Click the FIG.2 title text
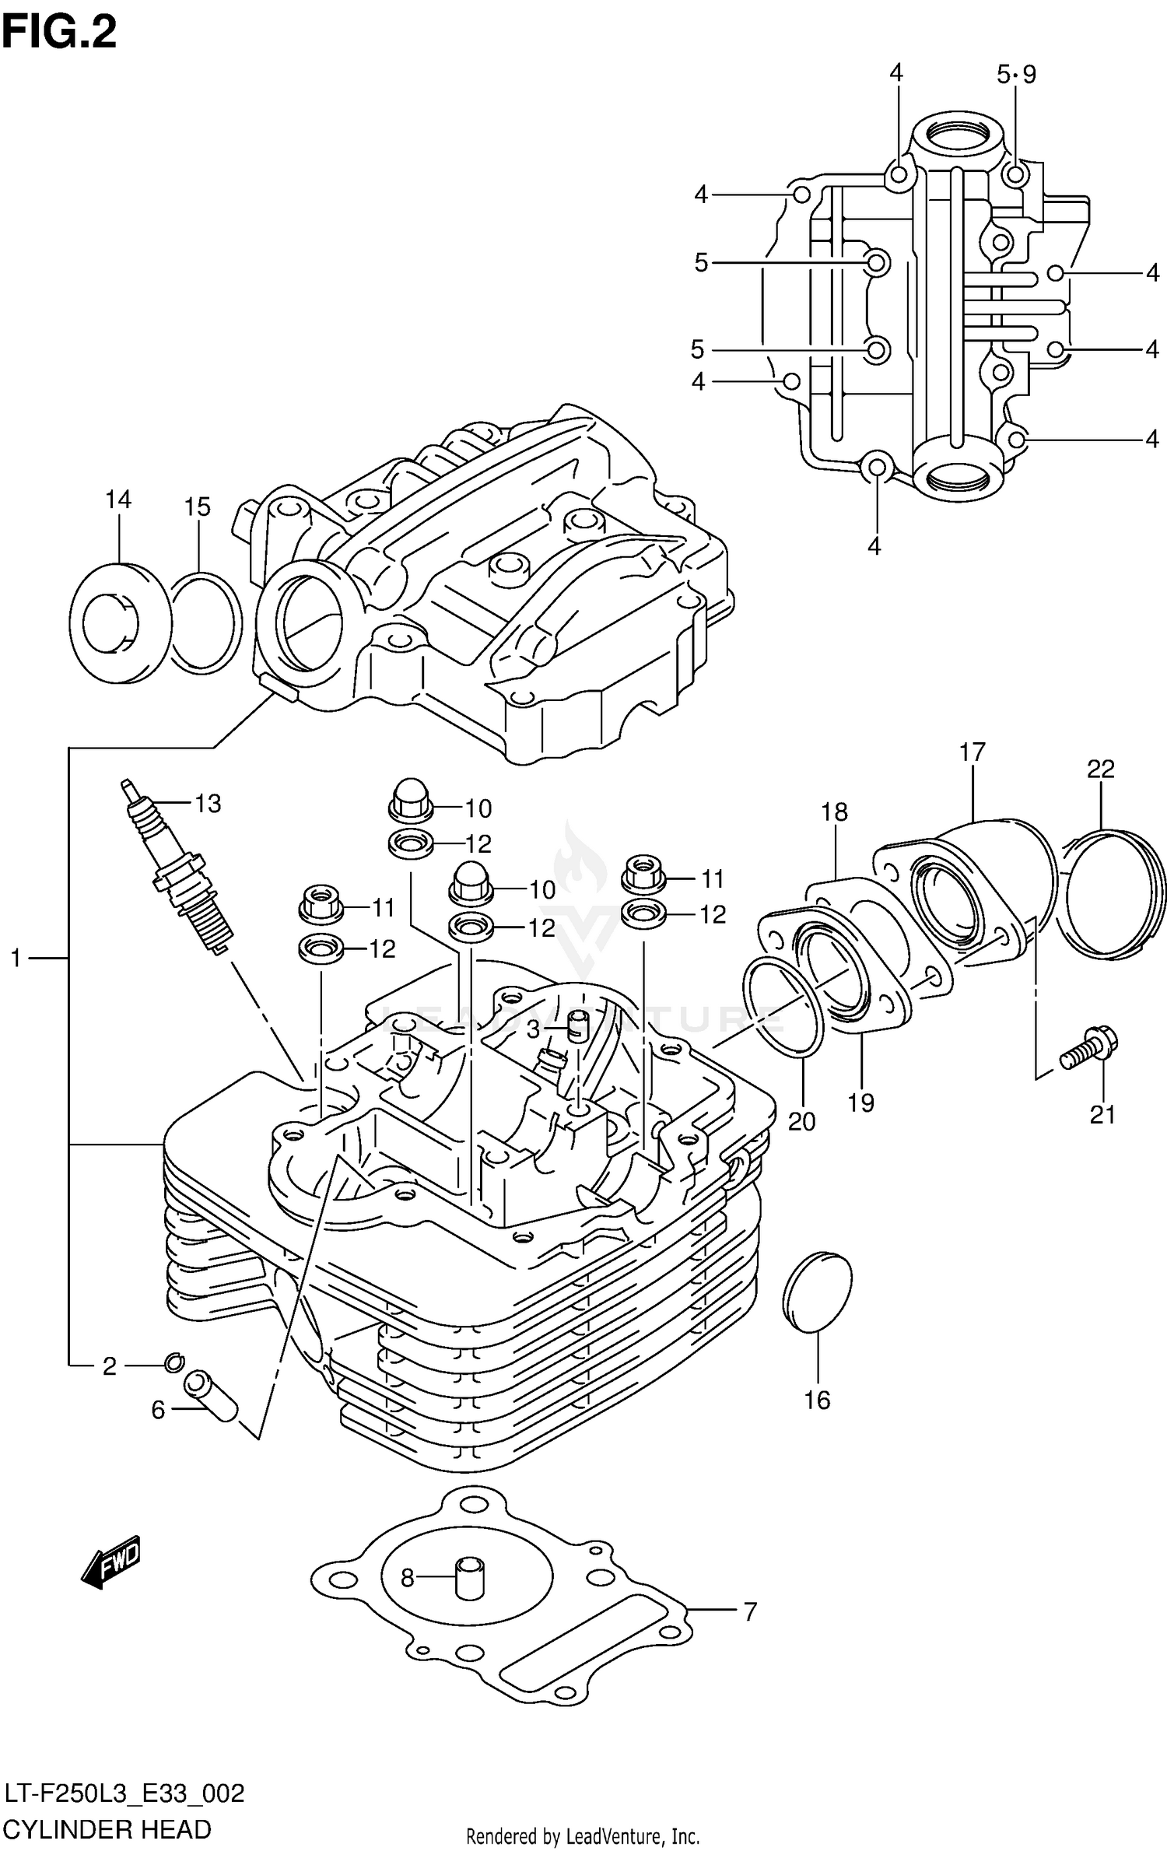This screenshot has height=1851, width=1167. [x=58, y=33]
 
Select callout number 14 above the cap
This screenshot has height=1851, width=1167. [x=118, y=500]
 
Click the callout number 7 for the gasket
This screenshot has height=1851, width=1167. [x=749, y=1611]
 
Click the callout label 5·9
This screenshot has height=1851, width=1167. [x=1016, y=75]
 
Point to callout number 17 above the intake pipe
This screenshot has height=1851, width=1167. [x=972, y=752]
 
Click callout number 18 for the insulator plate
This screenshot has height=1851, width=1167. [x=833, y=812]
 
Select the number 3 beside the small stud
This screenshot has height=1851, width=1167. [x=533, y=1030]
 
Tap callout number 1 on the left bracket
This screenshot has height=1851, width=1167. [x=16, y=959]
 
